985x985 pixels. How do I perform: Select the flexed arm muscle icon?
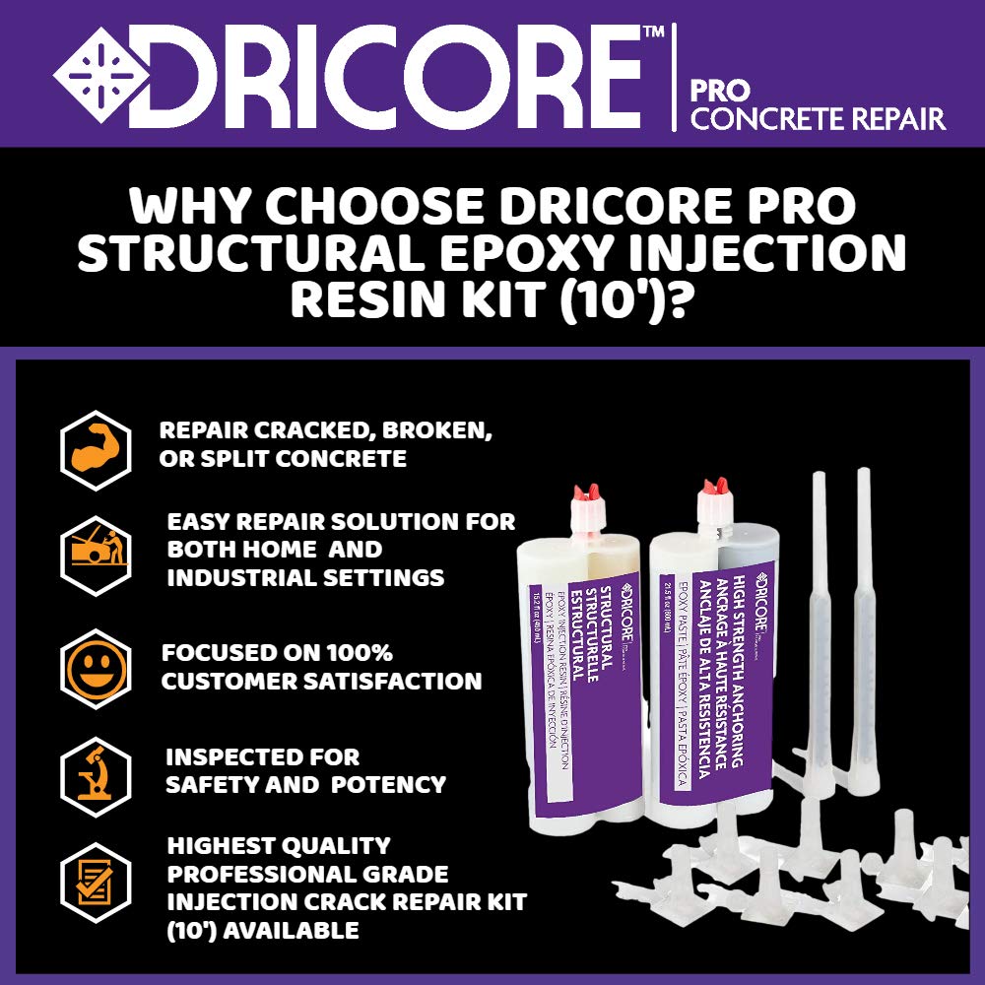96,450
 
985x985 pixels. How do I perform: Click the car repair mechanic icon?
96,550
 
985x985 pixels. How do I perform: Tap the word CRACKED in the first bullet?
297,431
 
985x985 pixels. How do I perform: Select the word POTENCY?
388,785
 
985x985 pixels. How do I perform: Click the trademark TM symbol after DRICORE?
652,32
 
